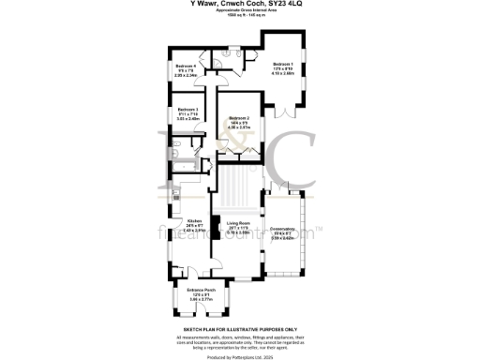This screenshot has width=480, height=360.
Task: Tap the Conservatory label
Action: click(x=283, y=232)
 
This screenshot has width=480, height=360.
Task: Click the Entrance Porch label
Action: click(x=201, y=292)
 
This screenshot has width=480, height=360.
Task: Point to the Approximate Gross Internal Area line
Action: click(x=239, y=16)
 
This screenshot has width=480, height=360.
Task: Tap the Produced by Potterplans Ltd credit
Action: click(x=239, y=356)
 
